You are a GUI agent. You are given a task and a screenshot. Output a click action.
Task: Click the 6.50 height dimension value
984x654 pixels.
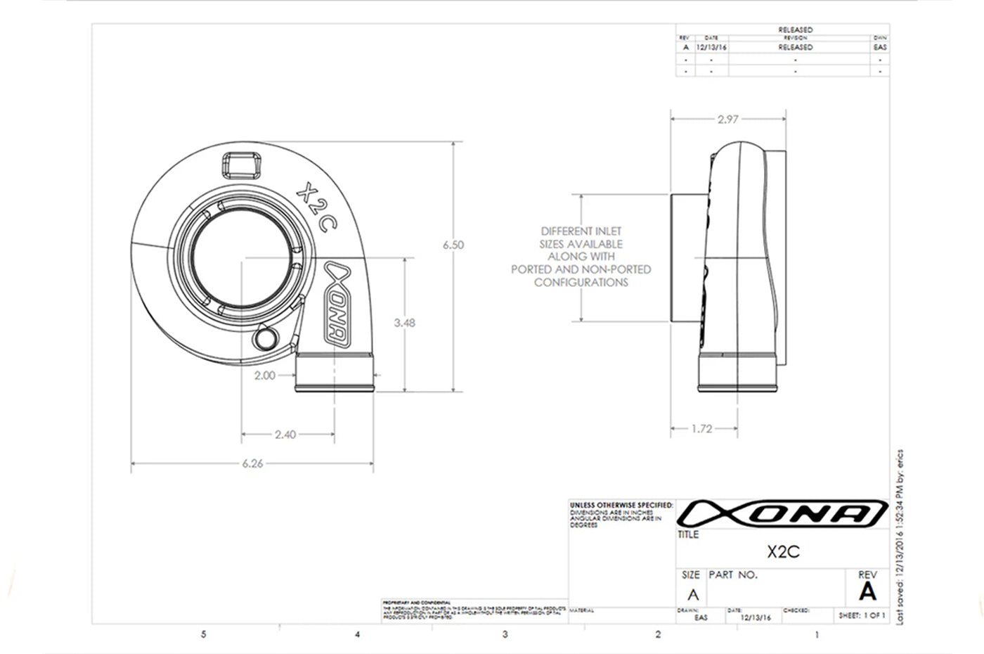tap(453, 245)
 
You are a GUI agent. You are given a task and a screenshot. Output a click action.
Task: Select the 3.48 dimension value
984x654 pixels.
tap(404, 323)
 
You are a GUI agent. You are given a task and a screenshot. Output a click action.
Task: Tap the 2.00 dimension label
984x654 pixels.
tap(264, 376)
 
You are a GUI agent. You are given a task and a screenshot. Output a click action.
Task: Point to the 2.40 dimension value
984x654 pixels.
tap(285, 435)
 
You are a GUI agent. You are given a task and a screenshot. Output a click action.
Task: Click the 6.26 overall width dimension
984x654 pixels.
tap(252, 463)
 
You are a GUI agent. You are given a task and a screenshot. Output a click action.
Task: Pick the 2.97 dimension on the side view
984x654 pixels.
tap(728, 120)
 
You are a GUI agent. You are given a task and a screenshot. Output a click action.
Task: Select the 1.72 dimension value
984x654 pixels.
tap(701, 428)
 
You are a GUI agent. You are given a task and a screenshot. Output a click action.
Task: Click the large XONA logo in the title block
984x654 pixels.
tap(783, 513)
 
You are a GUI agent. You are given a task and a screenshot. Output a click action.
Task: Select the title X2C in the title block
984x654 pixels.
tap(783, 551)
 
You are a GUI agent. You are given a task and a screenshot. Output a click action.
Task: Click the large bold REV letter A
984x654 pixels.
tap(867, 592)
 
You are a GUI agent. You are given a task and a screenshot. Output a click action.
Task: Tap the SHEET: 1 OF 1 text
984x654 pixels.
tap(862, 615)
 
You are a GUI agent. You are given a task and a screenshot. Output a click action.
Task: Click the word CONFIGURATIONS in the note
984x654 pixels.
tap(581, 283)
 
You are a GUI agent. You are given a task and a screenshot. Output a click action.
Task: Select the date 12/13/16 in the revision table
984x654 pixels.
tap(711, 47)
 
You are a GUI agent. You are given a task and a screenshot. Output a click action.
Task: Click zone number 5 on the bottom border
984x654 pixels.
tap(204, 634)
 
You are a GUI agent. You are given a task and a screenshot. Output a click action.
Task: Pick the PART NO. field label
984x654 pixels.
tap(733, 575)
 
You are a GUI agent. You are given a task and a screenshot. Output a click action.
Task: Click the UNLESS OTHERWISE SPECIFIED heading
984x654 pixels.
tap(621, 505)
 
